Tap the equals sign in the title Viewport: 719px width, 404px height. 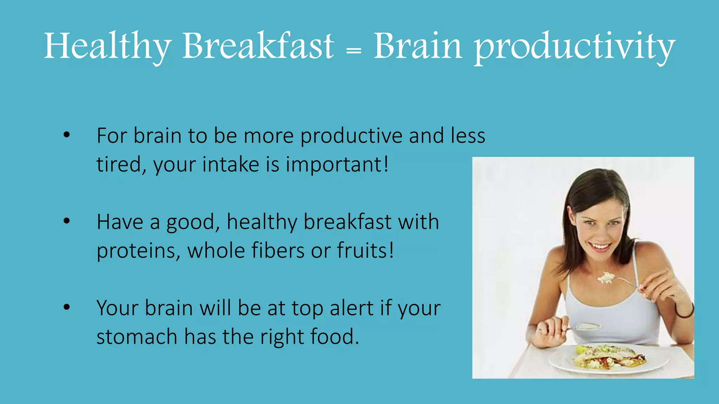tap(354, 51)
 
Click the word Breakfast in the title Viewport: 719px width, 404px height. tap(258, 46)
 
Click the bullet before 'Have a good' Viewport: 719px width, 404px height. tap(67, 221)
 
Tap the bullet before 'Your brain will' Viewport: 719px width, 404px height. tap(67, 307)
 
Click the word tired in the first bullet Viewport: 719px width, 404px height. tap(118, 164)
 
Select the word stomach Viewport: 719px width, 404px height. tap(137, 337)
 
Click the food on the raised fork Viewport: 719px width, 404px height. tap(606, 278)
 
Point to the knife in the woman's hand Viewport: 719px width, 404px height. tap(585, 327)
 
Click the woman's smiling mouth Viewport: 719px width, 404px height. tap(600, 247)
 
